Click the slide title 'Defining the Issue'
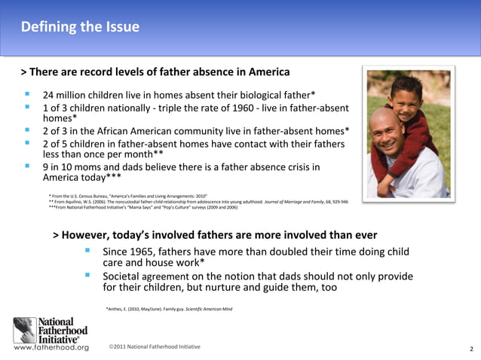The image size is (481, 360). pos(80,27)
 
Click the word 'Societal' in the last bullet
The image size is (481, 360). pos(125,276)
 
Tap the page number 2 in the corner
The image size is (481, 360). pos(470,349)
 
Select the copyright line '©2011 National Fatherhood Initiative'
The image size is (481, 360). pos(154,346)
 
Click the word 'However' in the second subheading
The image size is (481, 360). pos(90,235)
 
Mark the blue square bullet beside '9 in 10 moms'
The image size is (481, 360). pos(28,166)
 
